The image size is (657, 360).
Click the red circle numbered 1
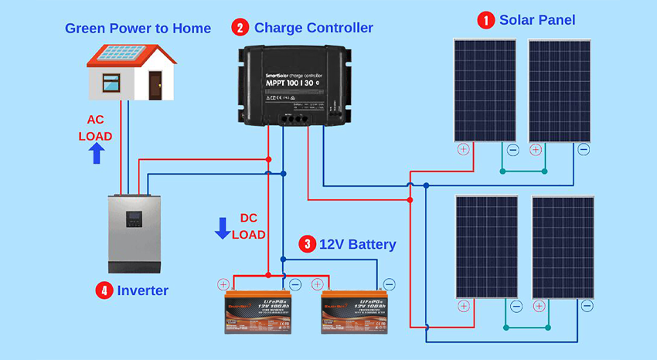pos(486,20)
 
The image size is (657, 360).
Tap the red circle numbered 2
pos(240,29)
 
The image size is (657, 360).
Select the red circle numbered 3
pos(307,245)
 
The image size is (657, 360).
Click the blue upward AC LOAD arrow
pos(97,153)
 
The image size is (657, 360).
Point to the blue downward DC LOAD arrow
pos(223,228)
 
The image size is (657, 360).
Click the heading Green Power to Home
pos(138,29)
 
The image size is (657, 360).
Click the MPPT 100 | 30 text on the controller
pos(285,81)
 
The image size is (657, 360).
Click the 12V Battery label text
pos(357,245)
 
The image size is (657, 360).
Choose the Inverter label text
pos(143,290)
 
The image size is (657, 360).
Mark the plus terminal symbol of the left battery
pos(223,284)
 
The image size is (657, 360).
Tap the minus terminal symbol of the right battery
pos(389,284)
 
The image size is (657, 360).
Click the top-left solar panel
pos(485,90)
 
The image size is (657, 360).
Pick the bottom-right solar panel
pos(563,247)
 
